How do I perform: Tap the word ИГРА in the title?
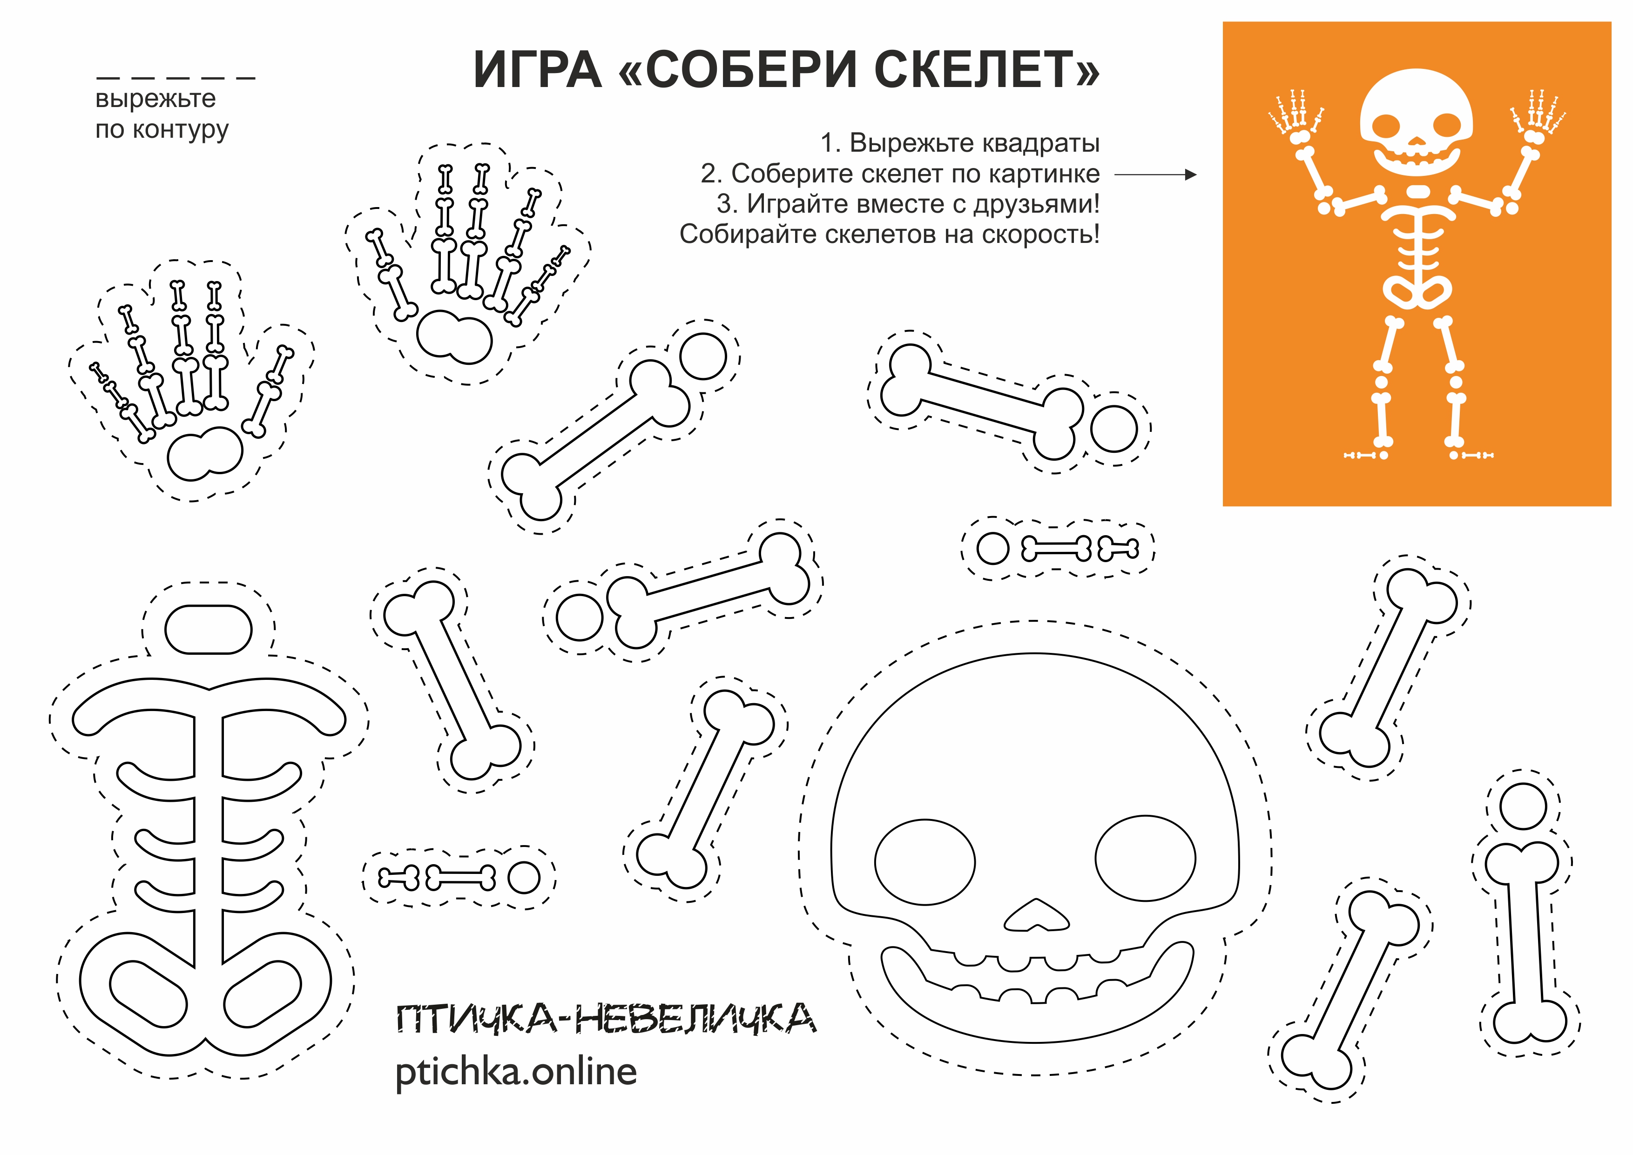[537, 70]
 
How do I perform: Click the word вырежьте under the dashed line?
[155, 98]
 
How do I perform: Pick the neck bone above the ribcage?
[209, 629]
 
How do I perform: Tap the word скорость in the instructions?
[1036, 234]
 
